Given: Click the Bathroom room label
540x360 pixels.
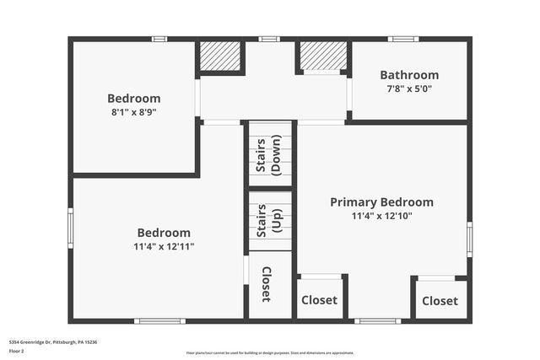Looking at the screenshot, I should [x=409, y=75].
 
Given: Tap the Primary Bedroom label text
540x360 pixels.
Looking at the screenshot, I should [x=381, y=202].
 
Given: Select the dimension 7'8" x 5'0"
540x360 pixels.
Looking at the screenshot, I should [x=409, y=89].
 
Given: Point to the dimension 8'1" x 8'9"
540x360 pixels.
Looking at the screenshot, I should [x=133, y=111].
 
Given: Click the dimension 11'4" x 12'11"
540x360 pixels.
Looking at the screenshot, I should [x=164, y=247].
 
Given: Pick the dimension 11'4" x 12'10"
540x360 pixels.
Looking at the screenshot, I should [x=381, y=216].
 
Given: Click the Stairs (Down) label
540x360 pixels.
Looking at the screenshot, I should [x=269, y=155].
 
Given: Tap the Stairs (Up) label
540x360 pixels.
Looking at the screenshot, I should [x=269, y=221].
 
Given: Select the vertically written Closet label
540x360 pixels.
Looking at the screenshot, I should [x=267, y=285].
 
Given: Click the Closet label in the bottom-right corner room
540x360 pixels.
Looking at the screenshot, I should [x=440, y=301].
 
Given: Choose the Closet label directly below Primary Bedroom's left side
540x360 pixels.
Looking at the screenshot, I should [x=320, y=300].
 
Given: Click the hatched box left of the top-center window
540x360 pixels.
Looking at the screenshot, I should [x=220, y=56].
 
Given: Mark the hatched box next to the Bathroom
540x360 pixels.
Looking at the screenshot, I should [x=322, y=56].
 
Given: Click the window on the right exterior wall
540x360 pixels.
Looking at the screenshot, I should [x=469, y=239].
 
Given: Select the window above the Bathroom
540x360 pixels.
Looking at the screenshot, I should [x=403, y=39].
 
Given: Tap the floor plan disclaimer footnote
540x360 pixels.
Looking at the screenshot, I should [x=270, y=352].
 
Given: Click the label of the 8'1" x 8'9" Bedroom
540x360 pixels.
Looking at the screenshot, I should [x=133, y=99].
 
